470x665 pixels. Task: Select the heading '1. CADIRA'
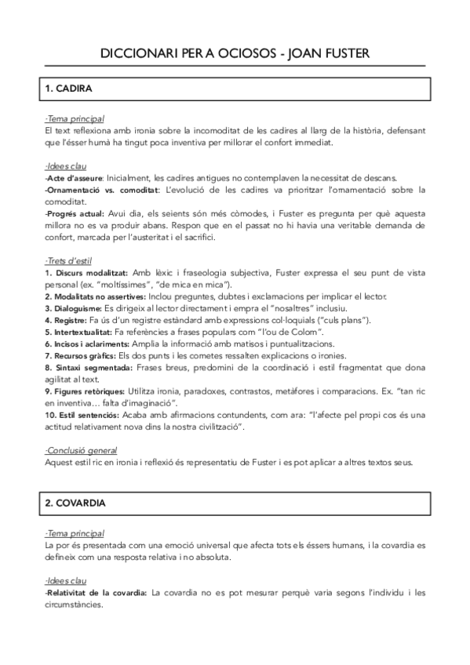[x=73, y=89]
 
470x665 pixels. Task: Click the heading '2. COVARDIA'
[x=79, y=499]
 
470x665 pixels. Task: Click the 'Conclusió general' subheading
[x=82, y=451]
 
